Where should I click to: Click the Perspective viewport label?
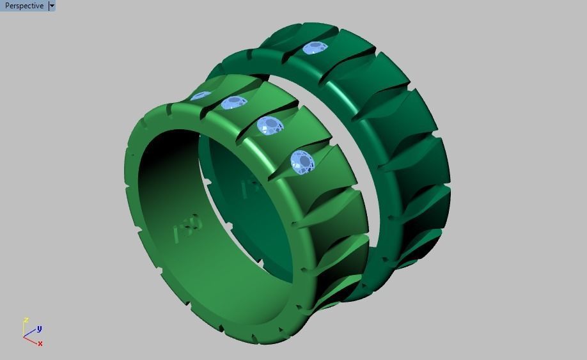tap(24, 6)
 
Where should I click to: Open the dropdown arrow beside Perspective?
tap(52, 6)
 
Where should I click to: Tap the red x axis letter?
tap(40, 343)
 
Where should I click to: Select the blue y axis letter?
tap(39, 329)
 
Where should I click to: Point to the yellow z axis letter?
tap(26, 320)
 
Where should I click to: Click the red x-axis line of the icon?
tap(31, 340)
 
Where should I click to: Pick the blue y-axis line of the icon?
tap(30, 333)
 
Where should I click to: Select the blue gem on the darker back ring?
tap(314, 48)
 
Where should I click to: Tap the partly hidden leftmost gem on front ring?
tap(200, 96)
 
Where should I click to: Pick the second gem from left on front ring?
tap(234, 102)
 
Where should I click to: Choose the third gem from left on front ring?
tap(270, 125)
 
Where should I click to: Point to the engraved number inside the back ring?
tap(248, 189)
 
